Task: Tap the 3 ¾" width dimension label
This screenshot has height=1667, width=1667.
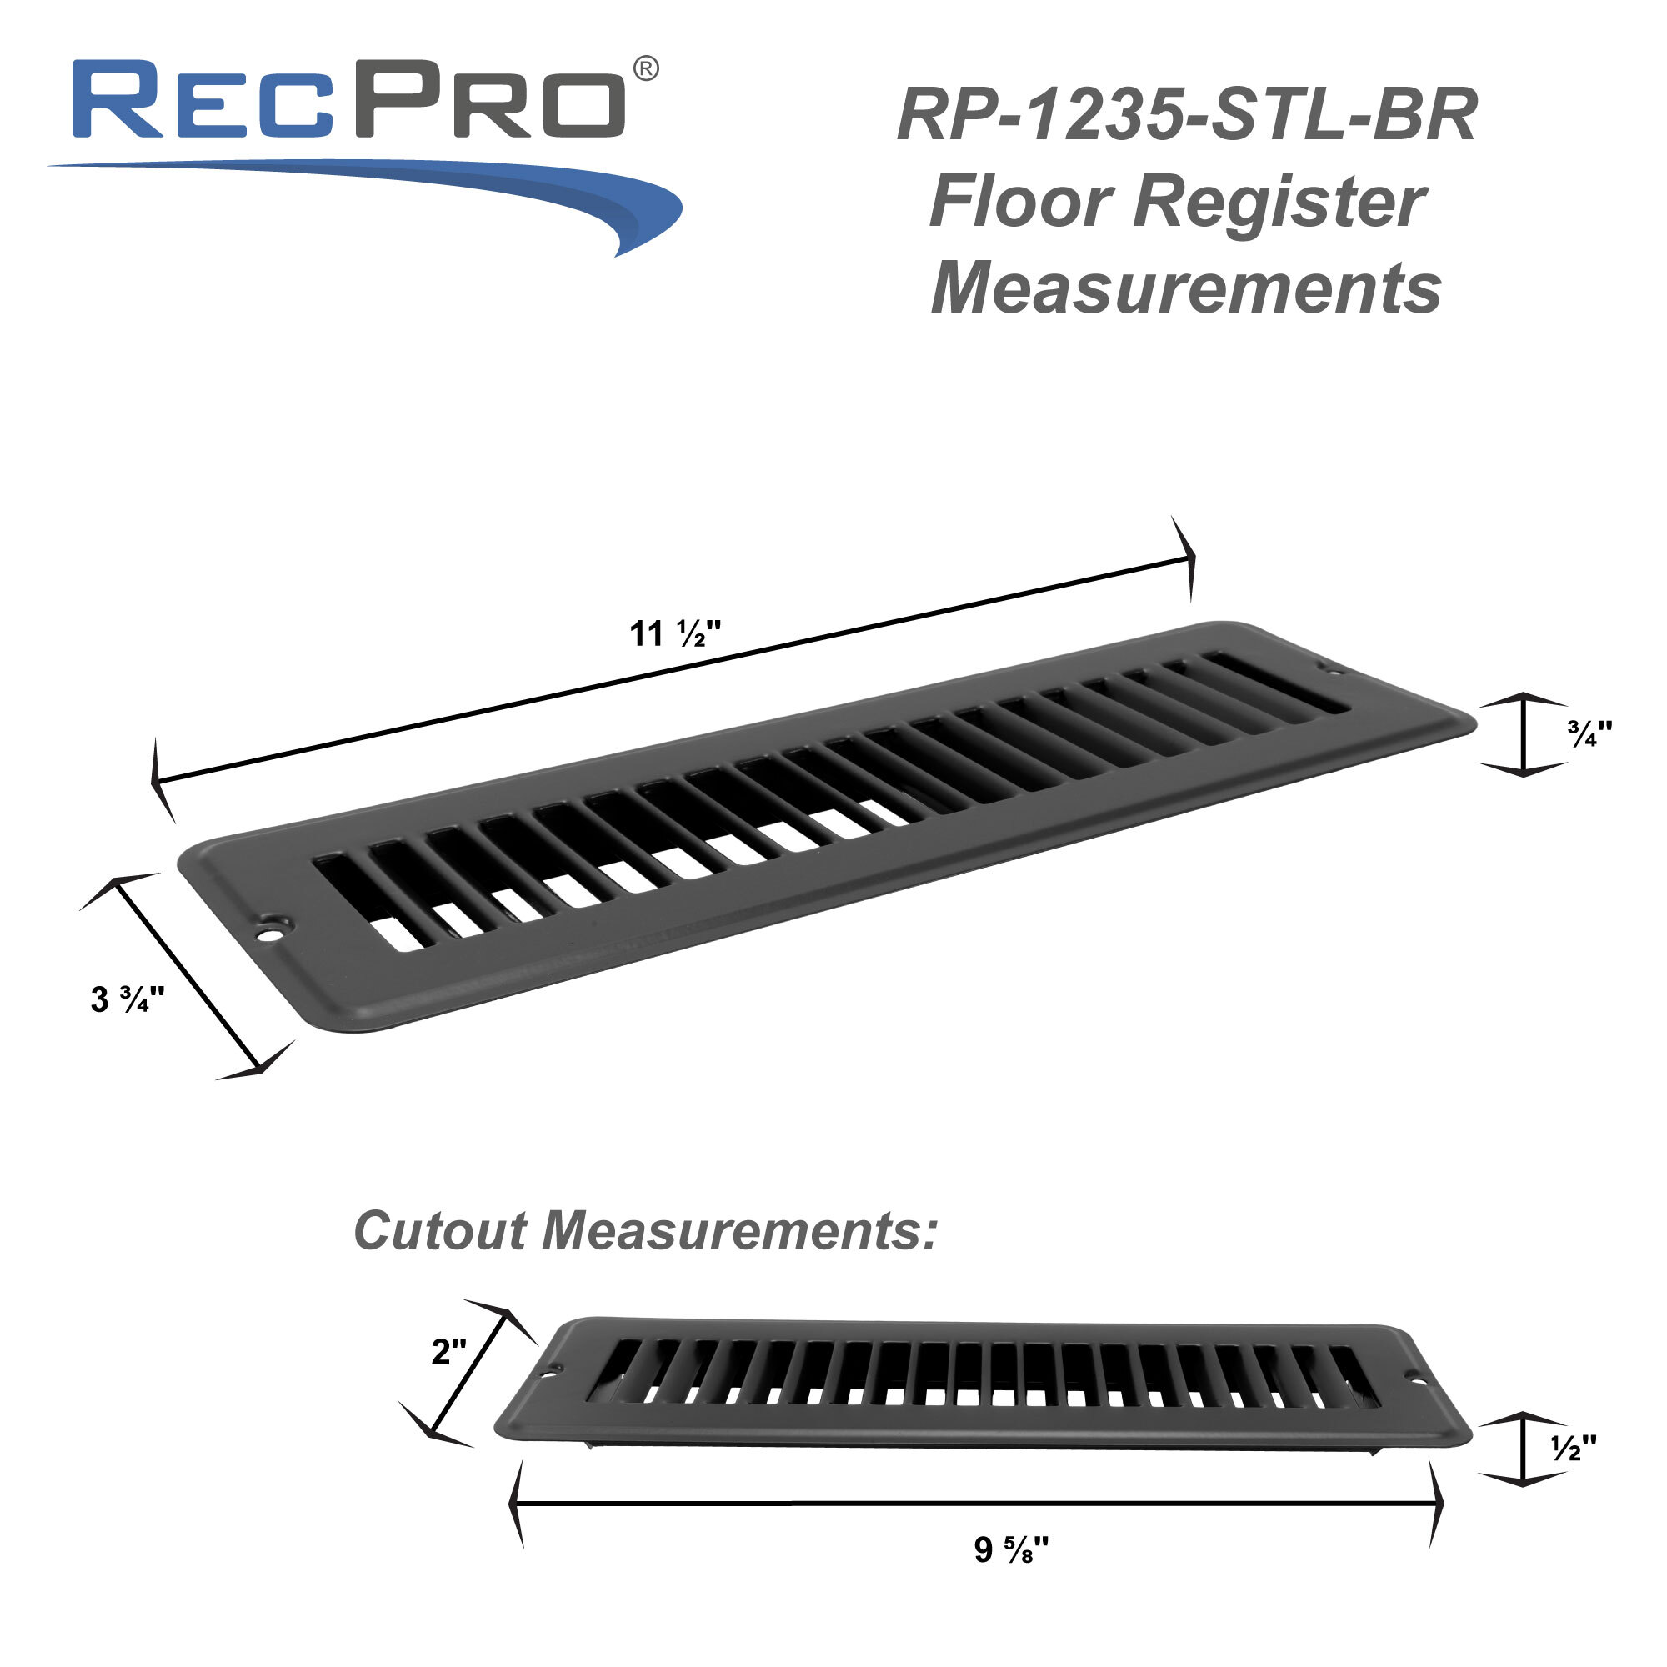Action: (x=127, y=1000)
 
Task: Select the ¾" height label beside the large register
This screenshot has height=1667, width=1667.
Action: (x=1589, y=734)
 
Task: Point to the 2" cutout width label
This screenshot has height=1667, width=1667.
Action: (x=448, y=1352)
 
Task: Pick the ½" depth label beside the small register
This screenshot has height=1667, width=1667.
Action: (x=1574, y=1449)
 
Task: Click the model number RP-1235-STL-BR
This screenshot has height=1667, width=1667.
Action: (x=1187, y=116)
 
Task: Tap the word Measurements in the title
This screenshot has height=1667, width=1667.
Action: (x=1186, y=289)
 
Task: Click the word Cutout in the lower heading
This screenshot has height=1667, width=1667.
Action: (x=440, y=1231)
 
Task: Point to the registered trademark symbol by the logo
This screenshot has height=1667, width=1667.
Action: (x=646, y=69)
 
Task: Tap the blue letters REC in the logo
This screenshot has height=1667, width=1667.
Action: (x=203, y=99)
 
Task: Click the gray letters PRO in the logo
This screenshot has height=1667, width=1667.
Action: (x=489, y=99)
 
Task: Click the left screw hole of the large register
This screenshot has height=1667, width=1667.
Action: (x=273, y=933)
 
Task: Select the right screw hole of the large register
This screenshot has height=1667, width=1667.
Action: (x=1326, y=668)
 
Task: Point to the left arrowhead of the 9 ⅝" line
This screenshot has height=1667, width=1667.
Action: (x=515, y=1503)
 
